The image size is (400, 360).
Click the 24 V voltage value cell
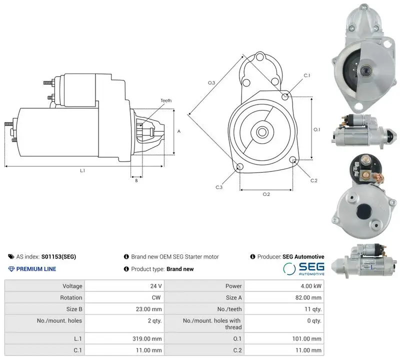(x=156, y=286)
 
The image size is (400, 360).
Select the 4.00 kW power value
(x=311, y=286)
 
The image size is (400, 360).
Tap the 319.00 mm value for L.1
(x=147, y=339)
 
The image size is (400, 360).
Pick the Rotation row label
(x=71, y=297)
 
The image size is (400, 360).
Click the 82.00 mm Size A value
(x=308, y=297)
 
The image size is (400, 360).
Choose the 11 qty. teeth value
(x=313, y=309)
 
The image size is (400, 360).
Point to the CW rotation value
(x=156, y=297)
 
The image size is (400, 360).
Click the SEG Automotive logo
(x=303, y=269)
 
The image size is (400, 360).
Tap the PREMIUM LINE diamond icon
(x=11, y=269)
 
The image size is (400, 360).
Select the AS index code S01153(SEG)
(x=58, y=256)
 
